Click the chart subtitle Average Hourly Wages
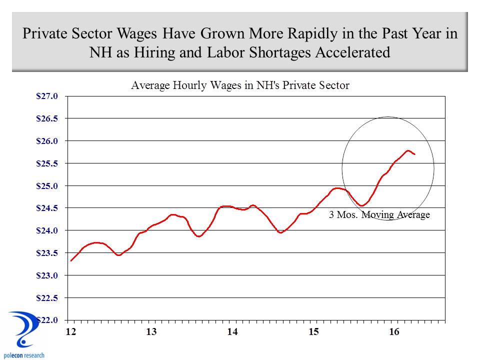[x=239, y=85]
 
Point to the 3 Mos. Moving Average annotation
[x=379, y=215]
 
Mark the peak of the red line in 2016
[x=408, y=150]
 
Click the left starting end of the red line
[x=71, y=260]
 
